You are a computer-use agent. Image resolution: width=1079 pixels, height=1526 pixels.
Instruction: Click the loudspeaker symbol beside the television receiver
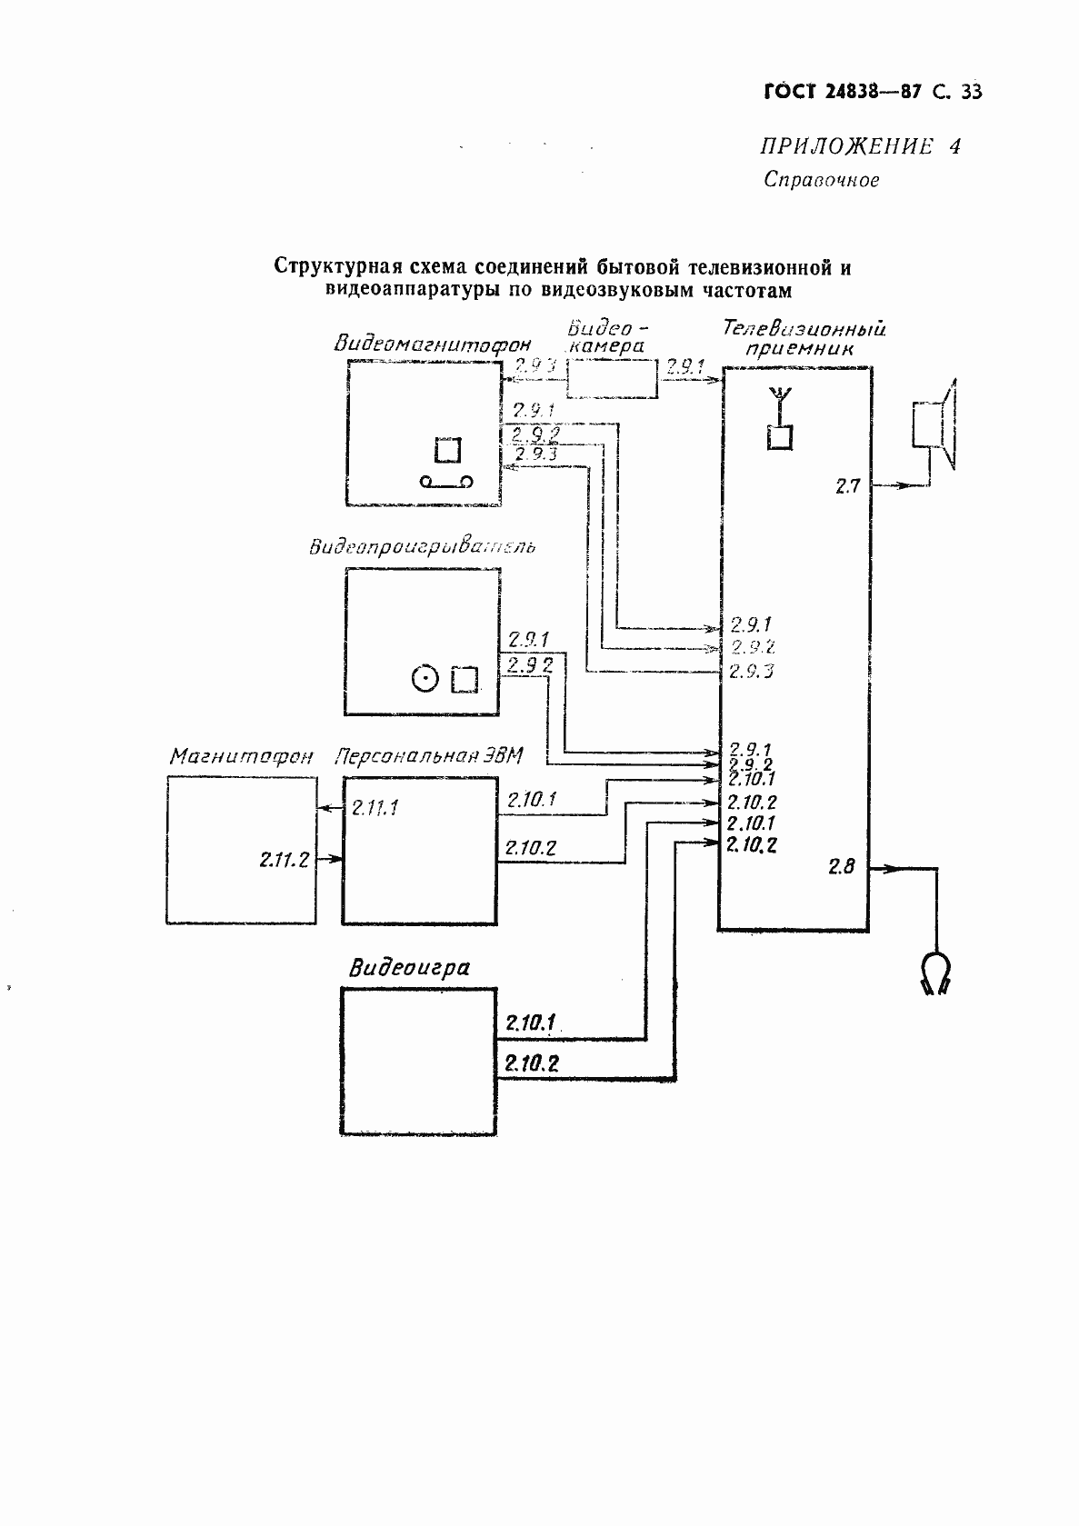934,424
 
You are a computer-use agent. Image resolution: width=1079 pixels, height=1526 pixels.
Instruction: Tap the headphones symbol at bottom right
934,973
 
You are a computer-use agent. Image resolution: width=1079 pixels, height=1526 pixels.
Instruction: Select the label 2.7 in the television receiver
847,487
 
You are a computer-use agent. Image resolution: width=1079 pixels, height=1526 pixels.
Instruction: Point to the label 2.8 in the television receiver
842,866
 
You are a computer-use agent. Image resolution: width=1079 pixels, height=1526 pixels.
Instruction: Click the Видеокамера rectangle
613,377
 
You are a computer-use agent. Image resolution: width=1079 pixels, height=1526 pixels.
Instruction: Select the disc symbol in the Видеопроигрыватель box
424,677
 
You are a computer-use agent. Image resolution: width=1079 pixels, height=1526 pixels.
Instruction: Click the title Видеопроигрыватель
422,547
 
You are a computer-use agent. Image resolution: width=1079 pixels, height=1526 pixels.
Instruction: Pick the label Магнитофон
241,757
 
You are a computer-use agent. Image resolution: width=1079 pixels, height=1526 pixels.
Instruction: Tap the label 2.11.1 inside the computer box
375,807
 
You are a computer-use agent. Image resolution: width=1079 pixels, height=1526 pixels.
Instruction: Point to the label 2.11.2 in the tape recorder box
284,859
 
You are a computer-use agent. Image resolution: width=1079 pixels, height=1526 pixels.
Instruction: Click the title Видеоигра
409,967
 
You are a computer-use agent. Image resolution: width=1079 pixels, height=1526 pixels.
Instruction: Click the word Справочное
821,180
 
